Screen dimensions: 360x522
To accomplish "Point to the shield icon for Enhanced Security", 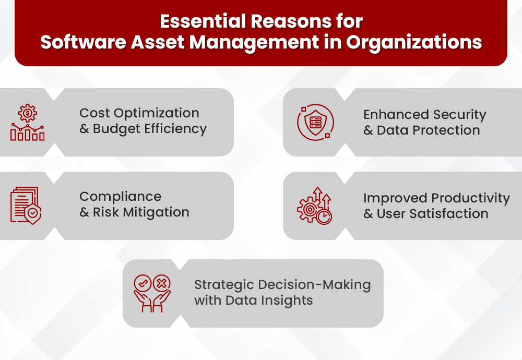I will [x=315, y=123].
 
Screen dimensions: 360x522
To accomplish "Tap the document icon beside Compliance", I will [x=26, y=206].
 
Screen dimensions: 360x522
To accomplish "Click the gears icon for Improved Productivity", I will [x=315, y=206].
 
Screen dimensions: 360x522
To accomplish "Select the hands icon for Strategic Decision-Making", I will [x=152, y=294].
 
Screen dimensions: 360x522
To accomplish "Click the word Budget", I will [x=115, y=129].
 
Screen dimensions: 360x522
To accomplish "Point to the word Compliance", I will [x=120, y=197].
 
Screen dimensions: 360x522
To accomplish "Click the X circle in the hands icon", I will [x=162, y=283].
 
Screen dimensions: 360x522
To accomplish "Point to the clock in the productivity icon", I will [x=324, y=217].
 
